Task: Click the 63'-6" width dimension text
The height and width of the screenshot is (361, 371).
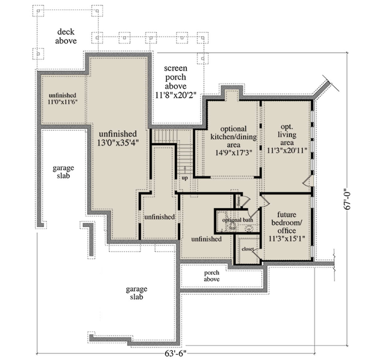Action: [175, 354]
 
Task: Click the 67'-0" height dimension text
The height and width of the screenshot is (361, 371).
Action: [348, 199]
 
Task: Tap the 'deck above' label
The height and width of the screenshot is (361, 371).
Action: [66, 36]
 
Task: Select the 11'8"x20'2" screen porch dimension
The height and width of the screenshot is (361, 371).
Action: [176, 95]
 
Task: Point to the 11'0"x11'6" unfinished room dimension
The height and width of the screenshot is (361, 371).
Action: [62, 102]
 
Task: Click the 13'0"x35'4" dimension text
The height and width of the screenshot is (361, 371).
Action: [118, 142]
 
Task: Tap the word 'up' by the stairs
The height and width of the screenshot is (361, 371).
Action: [185, 178]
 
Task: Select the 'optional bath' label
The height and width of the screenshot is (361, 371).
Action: [237, 220]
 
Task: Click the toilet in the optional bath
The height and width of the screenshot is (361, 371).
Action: [233, 227]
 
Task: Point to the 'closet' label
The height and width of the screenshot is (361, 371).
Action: [247, 249]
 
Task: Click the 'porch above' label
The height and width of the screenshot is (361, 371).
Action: [211, 276]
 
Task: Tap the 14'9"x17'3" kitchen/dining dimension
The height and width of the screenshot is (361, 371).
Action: [233, 153]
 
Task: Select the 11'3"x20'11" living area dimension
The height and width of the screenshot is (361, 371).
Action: [287, 151]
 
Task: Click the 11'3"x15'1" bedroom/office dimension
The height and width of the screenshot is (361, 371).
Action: [287, 238]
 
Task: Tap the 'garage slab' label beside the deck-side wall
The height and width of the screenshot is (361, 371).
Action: [63, 172]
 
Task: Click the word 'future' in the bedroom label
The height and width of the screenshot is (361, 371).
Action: [287, 214]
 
